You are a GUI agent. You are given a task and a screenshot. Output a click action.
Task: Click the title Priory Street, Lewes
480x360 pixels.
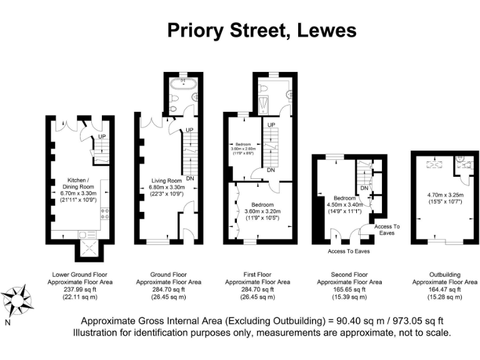pos(261,30)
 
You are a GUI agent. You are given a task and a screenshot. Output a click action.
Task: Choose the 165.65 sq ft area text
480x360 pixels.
pos(349,289)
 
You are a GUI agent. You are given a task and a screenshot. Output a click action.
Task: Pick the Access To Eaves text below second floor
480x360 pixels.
pos(349,251)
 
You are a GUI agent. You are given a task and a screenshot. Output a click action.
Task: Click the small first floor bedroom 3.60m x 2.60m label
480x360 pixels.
pos(242,146)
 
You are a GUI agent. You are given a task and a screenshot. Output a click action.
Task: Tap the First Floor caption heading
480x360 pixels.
pos(257,274)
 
